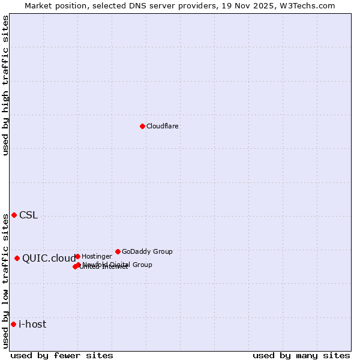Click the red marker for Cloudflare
click(x=142, y=126)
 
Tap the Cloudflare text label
click(x=162, y=126)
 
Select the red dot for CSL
click(x=14, y=215)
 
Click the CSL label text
click(x=28, y=215)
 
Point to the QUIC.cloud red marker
click(x=17, y=258)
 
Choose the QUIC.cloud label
click(x=49, y=259)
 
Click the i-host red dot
click(x=13, y=324)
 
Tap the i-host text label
click(x=32, y=325)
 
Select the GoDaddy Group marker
click(x=118, y=251)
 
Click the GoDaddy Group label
click(x=147, y=251)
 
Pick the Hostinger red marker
click(x=77, y=256)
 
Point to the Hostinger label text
click(x=97, y=256)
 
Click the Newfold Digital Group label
click(x=118, y=264)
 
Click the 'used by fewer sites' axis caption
click(x=62, y=355)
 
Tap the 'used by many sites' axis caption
click(x=301, y=355)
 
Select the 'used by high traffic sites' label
click(x=6, y=85)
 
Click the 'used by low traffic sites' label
click(x=6, y=280)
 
